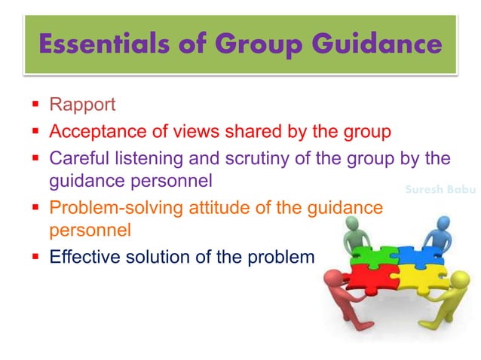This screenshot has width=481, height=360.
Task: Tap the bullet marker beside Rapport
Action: point(35,104)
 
